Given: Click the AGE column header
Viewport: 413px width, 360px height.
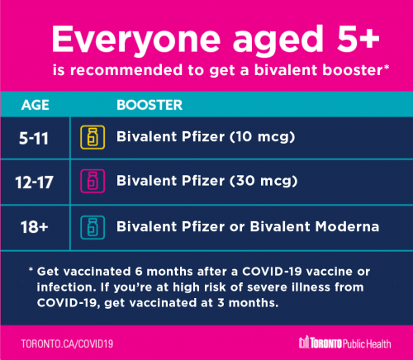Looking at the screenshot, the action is (x=36, y=105).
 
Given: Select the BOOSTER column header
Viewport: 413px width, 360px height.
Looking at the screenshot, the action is (x=150, y=105).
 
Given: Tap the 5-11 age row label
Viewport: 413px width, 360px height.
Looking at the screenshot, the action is (x=34, y=138).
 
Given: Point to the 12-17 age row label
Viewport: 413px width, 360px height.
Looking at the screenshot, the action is (x=34, y=182).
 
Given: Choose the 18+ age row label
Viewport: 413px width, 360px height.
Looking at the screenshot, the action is (x=35, y=227).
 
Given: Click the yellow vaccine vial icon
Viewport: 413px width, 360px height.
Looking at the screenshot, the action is (x=93, y=137).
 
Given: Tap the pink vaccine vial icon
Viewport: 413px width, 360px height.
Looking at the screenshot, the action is (x=93, y=181).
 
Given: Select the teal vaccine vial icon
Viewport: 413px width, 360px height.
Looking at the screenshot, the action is (x=93, y=227).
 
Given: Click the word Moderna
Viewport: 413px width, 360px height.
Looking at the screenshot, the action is (x=347, y=226).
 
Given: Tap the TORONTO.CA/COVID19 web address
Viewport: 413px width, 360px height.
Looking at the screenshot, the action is (x=67, y=343).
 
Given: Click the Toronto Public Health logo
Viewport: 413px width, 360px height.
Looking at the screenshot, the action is (x=344, y=343).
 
